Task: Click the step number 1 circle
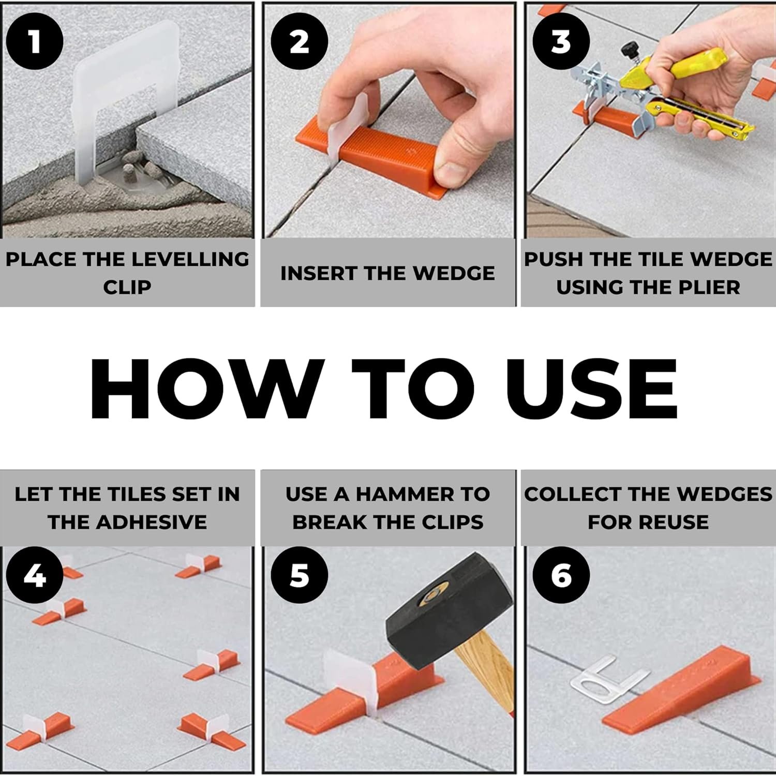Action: point(35,41)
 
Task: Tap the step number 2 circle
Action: point(300,41)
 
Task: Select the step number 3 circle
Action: point(561,41)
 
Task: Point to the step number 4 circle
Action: point(35,575)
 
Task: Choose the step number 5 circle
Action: point(300,575)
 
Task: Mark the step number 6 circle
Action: point(561,575)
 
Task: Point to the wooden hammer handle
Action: point(486,667)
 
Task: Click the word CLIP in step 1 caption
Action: point(127,287)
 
